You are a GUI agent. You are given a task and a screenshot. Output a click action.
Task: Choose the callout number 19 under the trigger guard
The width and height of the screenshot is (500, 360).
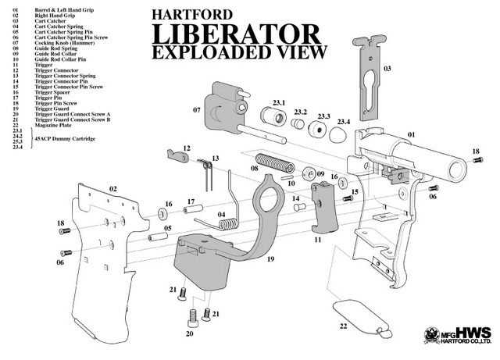point(270,258)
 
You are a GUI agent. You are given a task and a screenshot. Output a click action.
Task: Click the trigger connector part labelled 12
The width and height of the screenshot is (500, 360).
point(177,157)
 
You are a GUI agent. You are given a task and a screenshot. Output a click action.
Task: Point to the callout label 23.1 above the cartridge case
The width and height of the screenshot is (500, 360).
point(278,102)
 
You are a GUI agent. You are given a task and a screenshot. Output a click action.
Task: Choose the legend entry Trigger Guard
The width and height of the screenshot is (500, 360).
point(51,108)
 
